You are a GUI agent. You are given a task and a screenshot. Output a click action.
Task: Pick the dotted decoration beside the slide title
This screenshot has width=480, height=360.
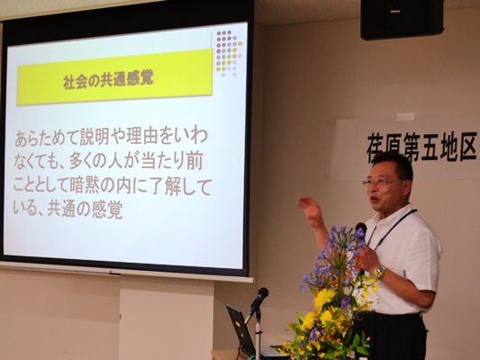(x=229, y=53)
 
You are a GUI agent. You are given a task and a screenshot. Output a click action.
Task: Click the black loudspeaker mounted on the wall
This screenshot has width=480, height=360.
(x=402, y=19)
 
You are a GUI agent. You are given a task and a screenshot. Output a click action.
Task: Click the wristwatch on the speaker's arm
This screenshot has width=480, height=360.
(x=380, y=272)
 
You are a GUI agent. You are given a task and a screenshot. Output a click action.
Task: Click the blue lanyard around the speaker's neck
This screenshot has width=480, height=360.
(x=391, y=227)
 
